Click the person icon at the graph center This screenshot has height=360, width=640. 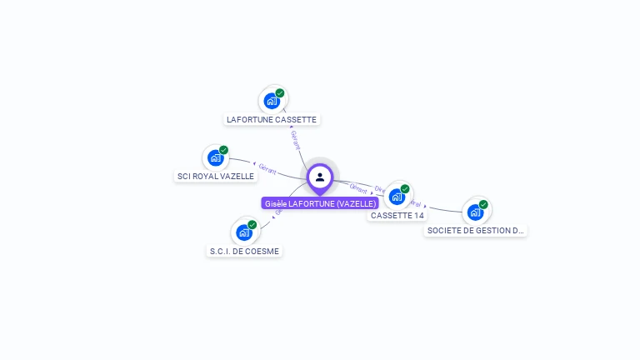pyautogui.click(x=320, y=177)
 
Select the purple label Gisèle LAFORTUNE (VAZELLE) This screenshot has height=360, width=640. pyautogui.click(x=320, y=203)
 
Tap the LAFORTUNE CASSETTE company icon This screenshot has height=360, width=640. pyautogui.click(x=271, y=101)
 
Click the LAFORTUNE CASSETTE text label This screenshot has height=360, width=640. pyautogui.click(x=272, y=119)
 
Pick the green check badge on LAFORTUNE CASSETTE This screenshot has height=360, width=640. pyautogui.click(x=280, y=93)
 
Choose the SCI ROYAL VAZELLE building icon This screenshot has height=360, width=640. pyautogui.click(x=215, y=157)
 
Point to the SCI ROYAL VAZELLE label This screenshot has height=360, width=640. pyautogui.click(x=216, y=176)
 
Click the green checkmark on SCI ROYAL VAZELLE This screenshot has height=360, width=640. pyautogui.click(x=223, y=150)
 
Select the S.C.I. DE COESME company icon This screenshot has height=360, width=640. pyautogui.click(x=243, y=232)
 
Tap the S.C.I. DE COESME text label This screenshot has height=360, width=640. pyautogui.click(x=245, y=251)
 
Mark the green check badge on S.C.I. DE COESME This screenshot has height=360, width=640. pyautogui.click(x=252, y=224)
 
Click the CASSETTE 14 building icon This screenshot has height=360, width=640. pyautogui.click(x=397, y=197)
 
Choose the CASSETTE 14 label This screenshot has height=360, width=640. pyautogui.click(x=397, y=215)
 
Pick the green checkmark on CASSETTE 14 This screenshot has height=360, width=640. pyautogui.click(x=405, y=189)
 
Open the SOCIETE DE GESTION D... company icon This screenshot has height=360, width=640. pyautogui.click(x=475, y=212)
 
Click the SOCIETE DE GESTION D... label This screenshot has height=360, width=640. pyautogui.click(x=475, y=230)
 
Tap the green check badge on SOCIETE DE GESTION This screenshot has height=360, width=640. pyautogui.click(x=483, y=204)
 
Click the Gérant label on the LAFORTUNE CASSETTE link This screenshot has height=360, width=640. pyautogui.click(x=295, y=139)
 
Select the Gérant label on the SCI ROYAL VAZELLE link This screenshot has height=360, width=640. pyautogui.click(x=267, y=168)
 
